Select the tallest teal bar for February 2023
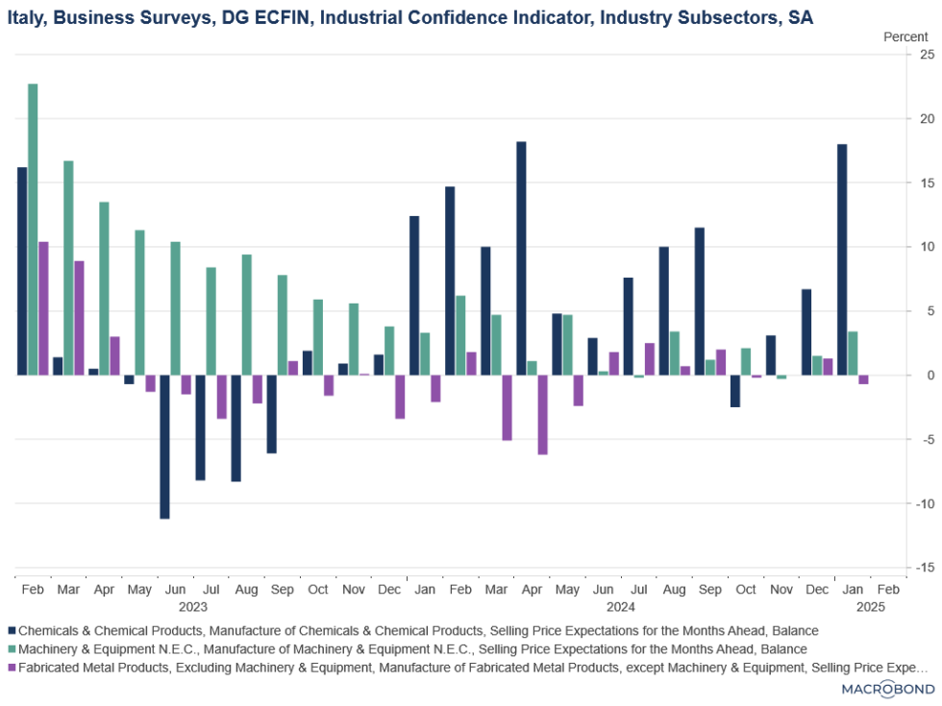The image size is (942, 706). click(33, 230)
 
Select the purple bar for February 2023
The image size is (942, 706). click(43, 308)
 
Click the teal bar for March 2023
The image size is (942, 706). click(68, 268)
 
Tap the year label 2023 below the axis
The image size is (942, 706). click(192, 606)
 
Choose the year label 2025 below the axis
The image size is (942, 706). click(871, 606)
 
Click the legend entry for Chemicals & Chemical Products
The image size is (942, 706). click(418, 631)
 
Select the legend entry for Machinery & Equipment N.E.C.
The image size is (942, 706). click(412, 649)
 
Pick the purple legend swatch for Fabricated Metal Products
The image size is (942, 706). click(12, 668)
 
